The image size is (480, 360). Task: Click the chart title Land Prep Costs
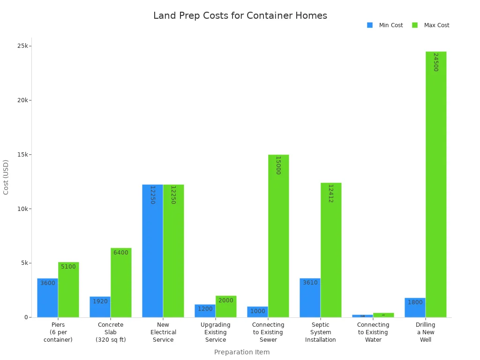pyautogui.click(x=240, y=15)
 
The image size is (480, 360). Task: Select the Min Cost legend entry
pyautogui.click(x=385, y=25)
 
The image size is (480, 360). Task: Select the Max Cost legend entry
pyautogui.click(x=431, y=25)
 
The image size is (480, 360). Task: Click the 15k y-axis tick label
pyautogui.click(x=23, y=155)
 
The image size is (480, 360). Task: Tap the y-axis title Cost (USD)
pyautogui.click(x=6, y=177)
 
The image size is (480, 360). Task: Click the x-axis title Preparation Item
pyautogui.click(x=242, y=352)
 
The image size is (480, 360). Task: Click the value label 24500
pyautogui.click(x=435, y=62)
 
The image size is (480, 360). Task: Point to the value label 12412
pyautogui.click(x=330, y=193)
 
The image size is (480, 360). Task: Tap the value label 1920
pyautogui.click(x=100, y=301)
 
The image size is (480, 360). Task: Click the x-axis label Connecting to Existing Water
pyautogui.click(x=373, y=332)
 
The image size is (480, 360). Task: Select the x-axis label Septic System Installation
pyautogui.click(x=321, y=332)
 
